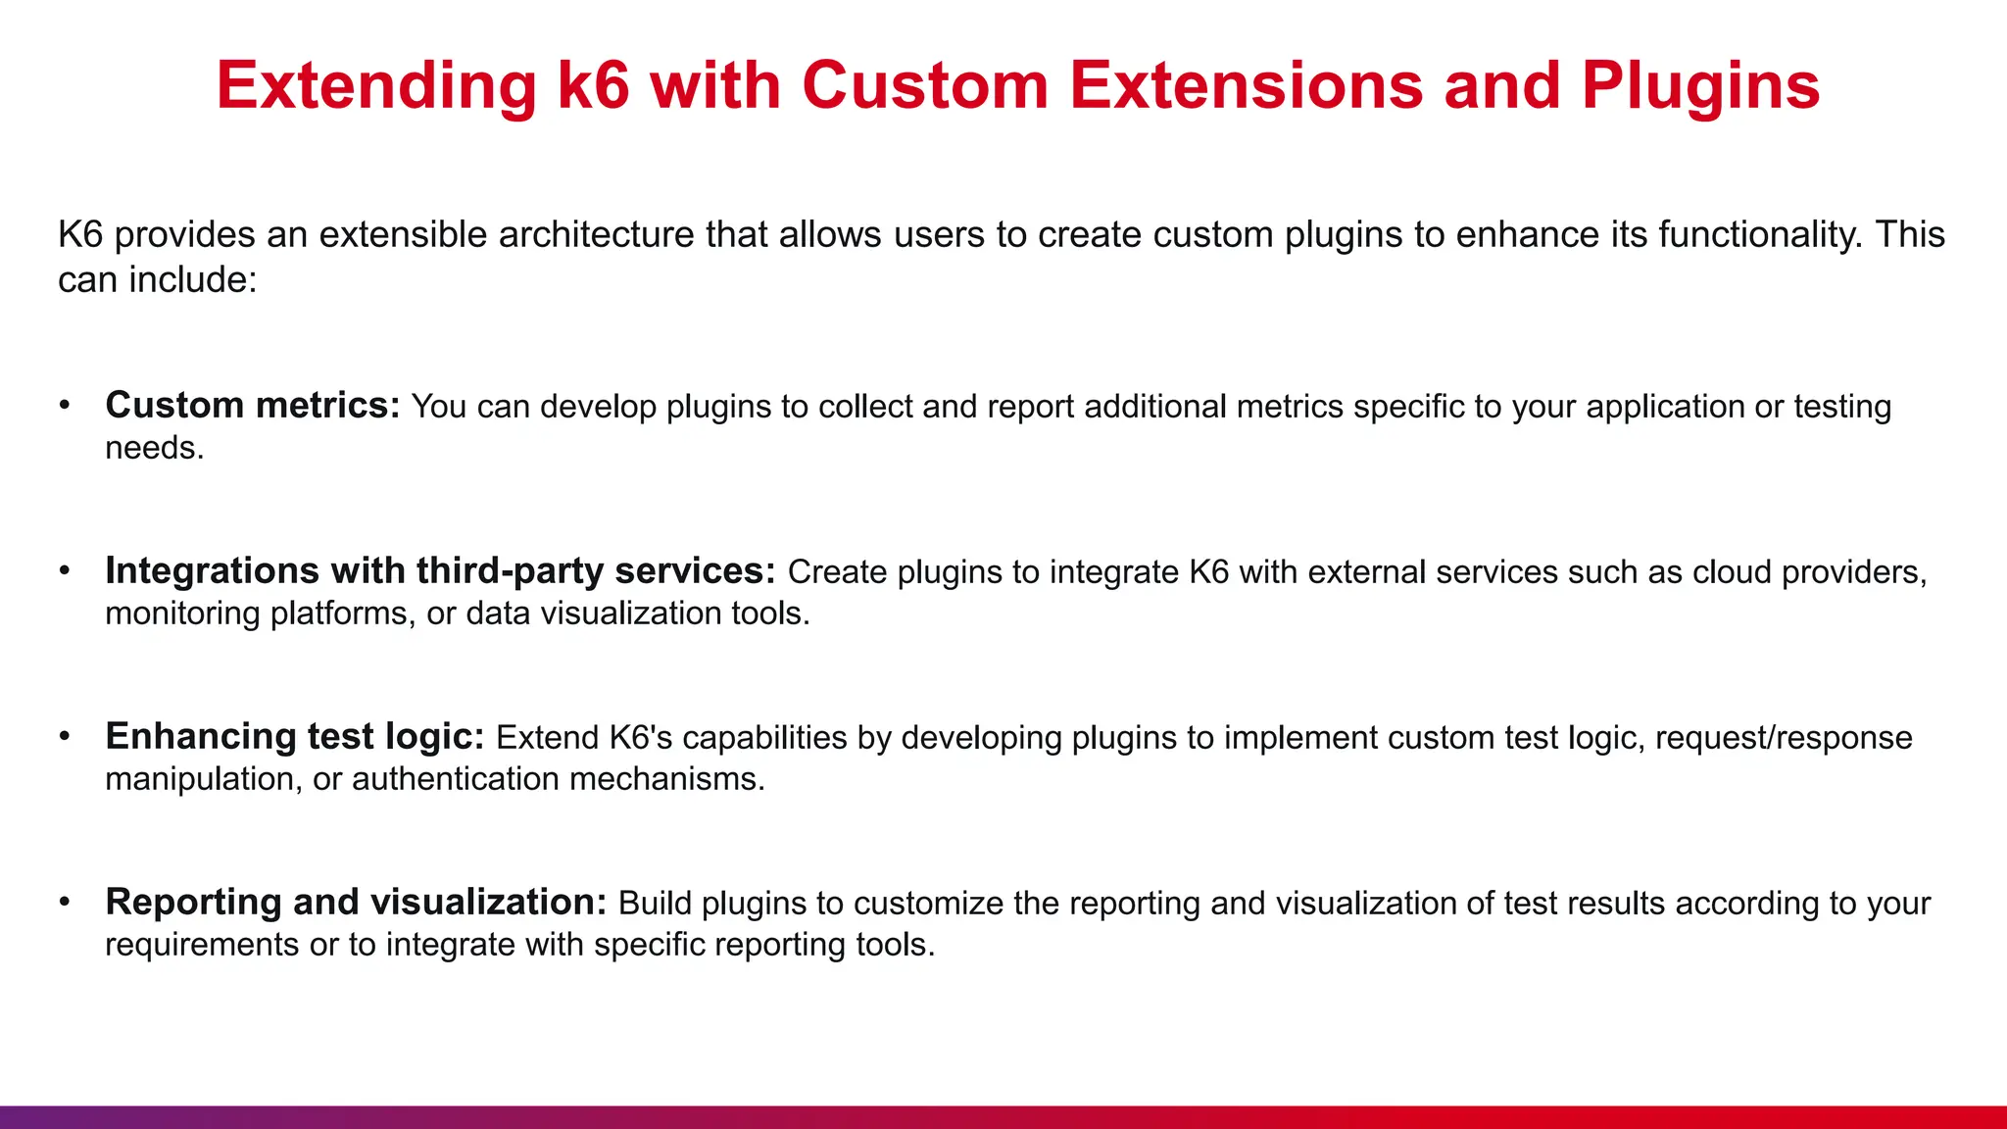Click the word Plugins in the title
point(1700,86)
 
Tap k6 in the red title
point(592,86)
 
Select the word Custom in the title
point(925,86)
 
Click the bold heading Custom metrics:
point(252,405)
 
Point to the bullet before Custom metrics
point(65,406)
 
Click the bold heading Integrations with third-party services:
point(440,570)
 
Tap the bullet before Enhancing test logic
point(65,737)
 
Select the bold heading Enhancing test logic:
point(294,736)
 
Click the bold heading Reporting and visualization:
point(356,902)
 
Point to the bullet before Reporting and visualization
point(65,903)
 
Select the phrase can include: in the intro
point(157,280)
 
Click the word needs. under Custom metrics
point(154,448)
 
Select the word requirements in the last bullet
point(202,945)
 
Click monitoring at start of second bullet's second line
point(182,614)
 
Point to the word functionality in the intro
point(1759,235)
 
